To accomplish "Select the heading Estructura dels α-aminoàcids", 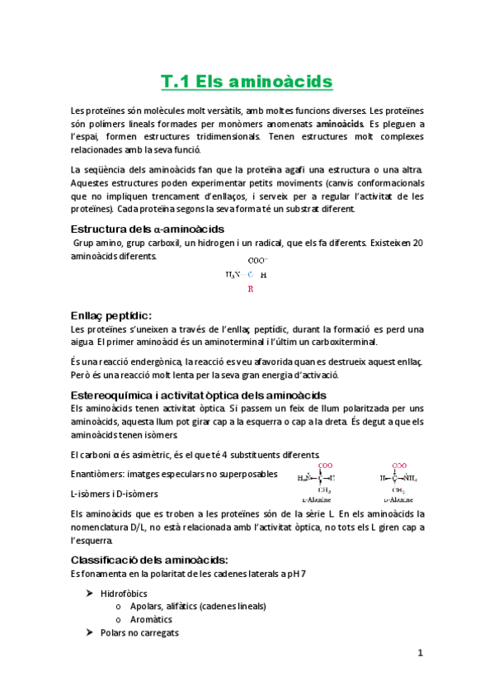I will pyautogui.click(x=148, y=229).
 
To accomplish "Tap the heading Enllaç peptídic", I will pyautogui.click(x=111, y=315).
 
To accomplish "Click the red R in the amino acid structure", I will pyautogui.click(x=251, y=289).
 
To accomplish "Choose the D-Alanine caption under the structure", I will pyautogui.click(x=398, y=499).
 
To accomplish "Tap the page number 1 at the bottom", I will pyautogui.click(x=420, y=653).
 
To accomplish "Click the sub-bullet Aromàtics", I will pyautogui.click(x=152, y=619).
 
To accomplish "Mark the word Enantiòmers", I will pyautogui.click(x=100, y=474).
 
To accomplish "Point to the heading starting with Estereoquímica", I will pyautogui.click(x=199, y=395).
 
